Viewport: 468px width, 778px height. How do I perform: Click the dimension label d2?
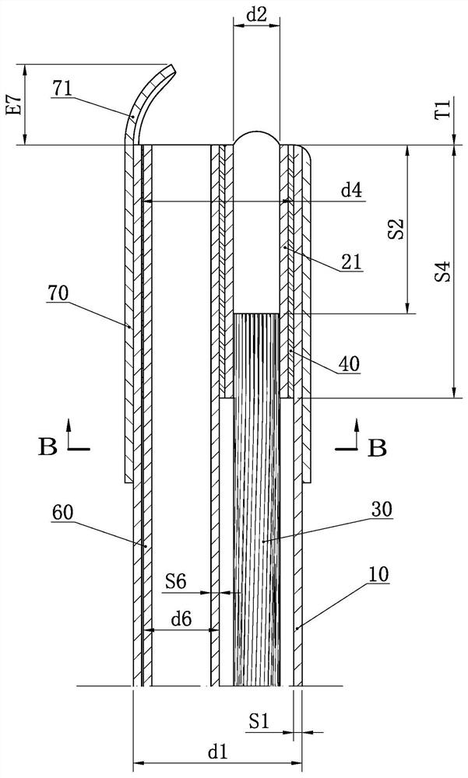point(256,15)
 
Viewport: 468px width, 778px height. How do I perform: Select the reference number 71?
point(62,89)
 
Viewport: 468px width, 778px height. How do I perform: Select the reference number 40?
point(350,364)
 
